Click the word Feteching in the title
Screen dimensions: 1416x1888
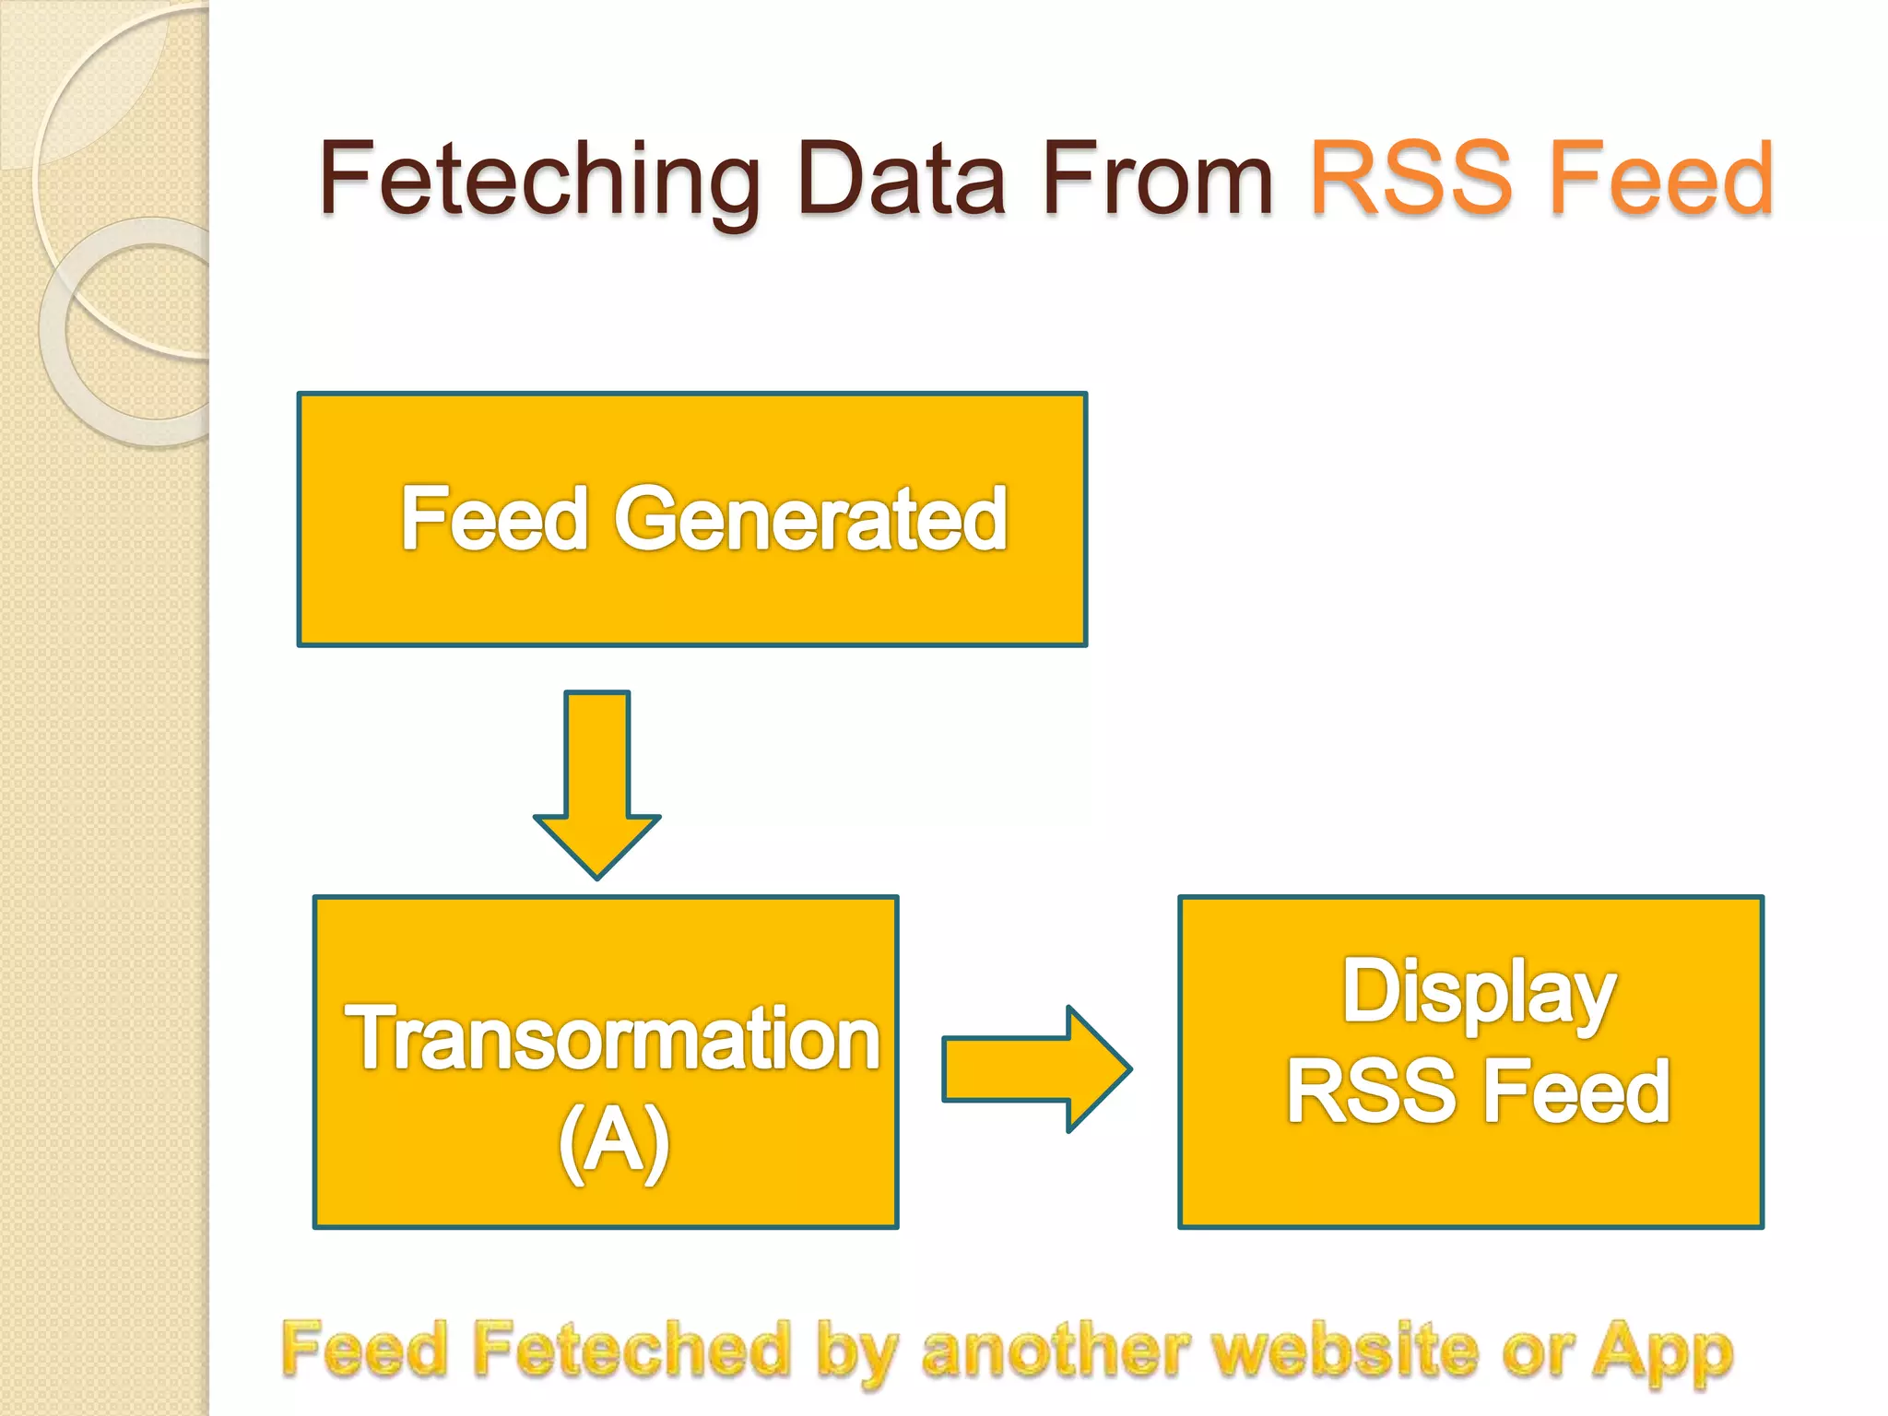click(539, 180)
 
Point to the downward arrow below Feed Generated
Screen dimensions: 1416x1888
click(597, 784)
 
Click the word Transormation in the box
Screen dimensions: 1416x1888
click(613, 1039)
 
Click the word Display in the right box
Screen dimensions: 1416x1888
click(1479, 993)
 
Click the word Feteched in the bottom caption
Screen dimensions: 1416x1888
click(631, 1350)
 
